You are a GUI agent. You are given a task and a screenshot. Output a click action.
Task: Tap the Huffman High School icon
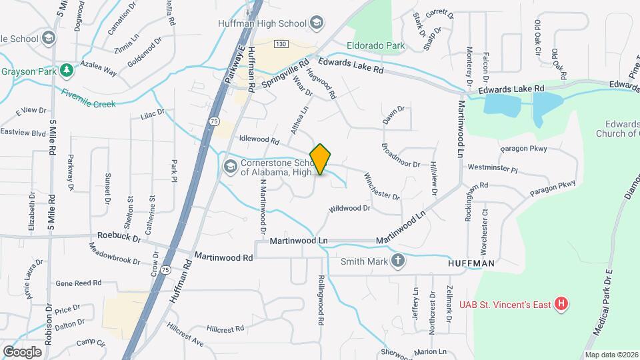pos(317,23)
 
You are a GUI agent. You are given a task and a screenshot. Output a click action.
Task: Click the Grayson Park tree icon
pos(66,70)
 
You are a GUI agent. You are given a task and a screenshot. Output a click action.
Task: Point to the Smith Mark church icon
pos(398,261)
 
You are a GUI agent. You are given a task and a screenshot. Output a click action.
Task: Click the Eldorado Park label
pos(376,46)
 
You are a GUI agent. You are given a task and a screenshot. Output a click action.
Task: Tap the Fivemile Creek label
pos(89,99)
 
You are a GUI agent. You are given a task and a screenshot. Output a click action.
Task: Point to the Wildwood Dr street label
pos(349,209)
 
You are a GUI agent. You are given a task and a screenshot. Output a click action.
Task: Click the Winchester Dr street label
pos(381,187)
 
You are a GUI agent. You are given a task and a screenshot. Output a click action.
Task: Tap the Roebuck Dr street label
pos(119,237)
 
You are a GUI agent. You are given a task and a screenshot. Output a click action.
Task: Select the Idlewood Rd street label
pos(259,140)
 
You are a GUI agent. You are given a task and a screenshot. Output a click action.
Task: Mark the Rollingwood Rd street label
pos(321,301)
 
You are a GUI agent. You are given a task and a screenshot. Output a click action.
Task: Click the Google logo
pos(22,351)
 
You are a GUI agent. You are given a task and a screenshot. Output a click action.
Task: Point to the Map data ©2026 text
pos(611,355)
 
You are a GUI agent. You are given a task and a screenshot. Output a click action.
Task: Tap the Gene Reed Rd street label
pos(79,283)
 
